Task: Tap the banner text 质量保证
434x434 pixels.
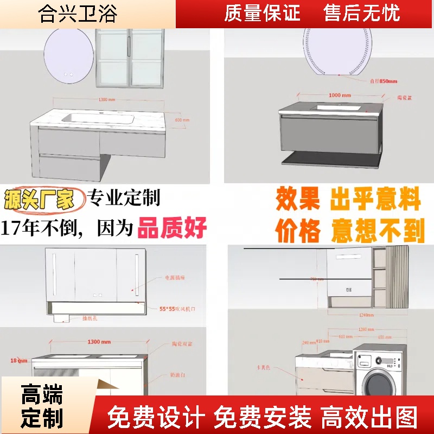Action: pos(262,13)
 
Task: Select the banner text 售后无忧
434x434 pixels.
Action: pos(361,13)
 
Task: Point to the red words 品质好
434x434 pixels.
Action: pos(172,228)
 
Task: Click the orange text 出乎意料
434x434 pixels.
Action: pos(375,200)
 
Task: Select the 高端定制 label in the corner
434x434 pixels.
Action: pos(42,407)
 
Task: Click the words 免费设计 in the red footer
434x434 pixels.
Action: pos(156,418)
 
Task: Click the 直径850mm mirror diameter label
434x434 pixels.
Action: pos(384,81)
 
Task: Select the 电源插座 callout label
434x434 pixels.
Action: pos(175,278)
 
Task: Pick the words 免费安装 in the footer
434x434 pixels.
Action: pos(263,418)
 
